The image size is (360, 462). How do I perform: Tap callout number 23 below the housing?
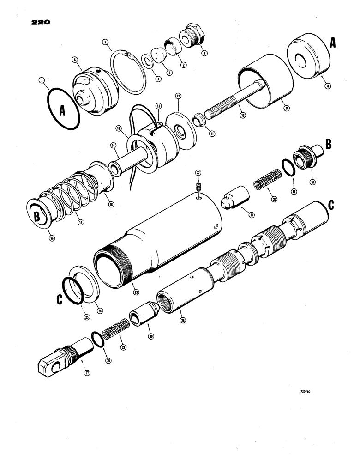pos(135,292)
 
